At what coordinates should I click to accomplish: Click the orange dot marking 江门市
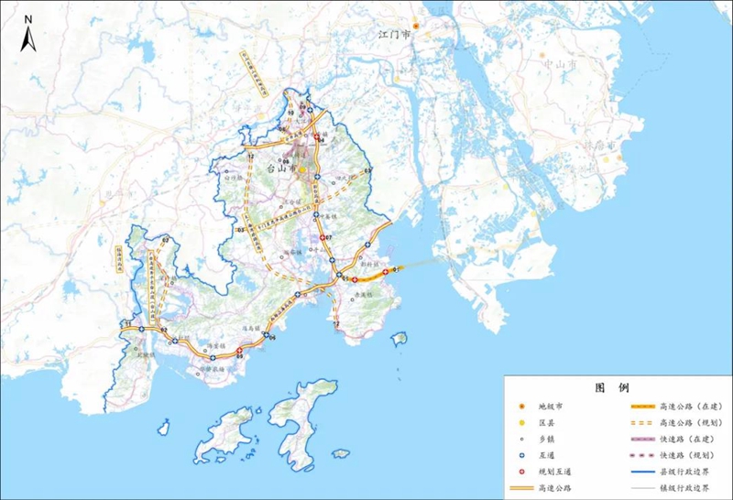click(x=415, y=27)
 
